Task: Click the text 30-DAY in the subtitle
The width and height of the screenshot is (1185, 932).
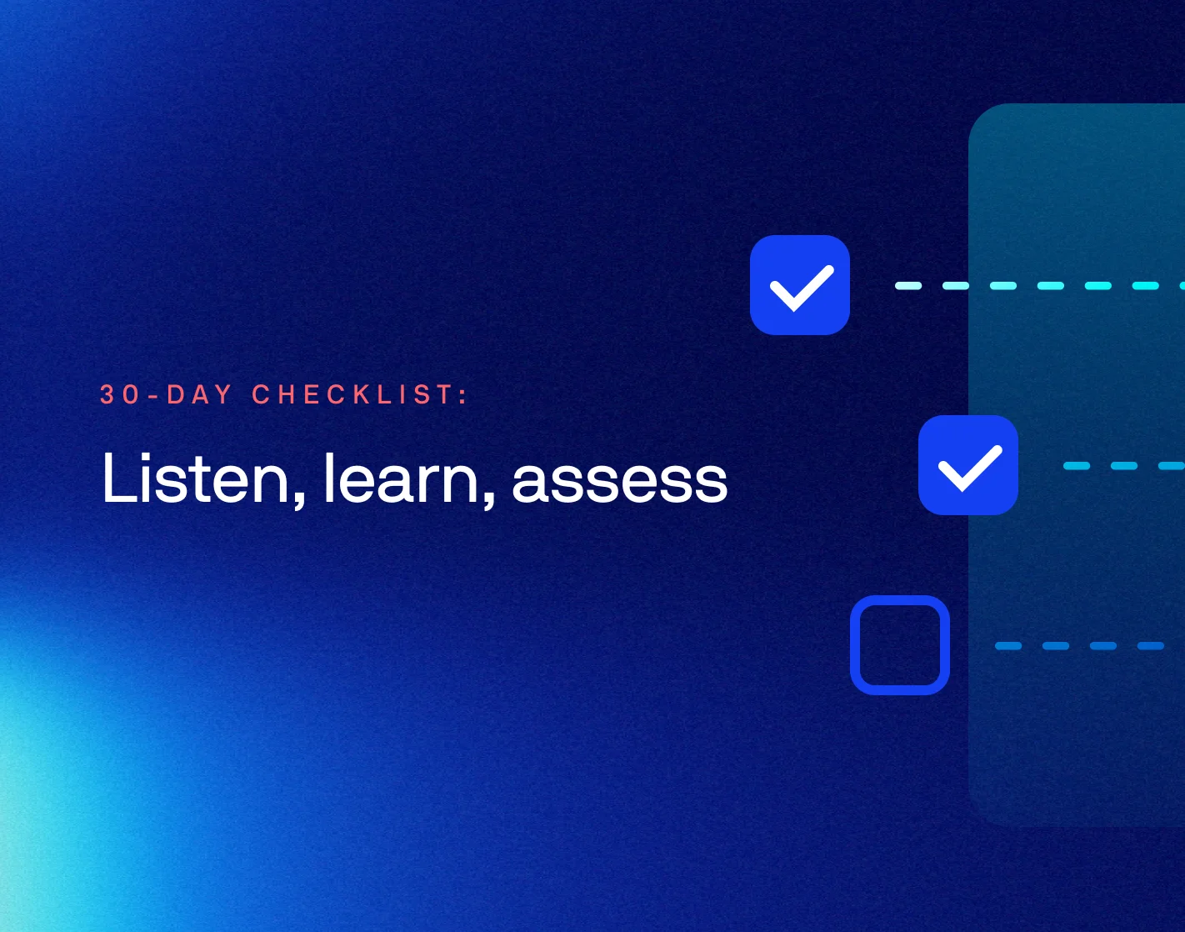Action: (166, 394)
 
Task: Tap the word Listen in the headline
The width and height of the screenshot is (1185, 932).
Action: (195, 477)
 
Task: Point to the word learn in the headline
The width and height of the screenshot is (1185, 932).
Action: (400, 477)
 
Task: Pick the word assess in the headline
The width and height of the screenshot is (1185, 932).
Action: (619, 482)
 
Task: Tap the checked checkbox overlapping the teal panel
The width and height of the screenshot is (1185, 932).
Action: (968, 465)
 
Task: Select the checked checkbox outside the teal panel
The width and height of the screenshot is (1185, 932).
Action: (799, 285)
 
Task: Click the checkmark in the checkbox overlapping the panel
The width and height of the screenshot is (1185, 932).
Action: (969, 468)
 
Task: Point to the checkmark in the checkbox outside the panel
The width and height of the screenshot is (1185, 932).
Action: (801, 288)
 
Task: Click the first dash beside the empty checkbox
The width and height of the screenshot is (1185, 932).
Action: (1008, 645)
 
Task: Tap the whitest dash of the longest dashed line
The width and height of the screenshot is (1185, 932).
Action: (908, 285)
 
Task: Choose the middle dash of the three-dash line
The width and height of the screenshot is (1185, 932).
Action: (1124, 465)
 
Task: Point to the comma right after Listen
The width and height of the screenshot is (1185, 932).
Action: (299, 500)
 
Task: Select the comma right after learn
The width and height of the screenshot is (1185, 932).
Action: (488, 500)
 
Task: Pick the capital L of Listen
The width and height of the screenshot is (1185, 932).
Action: (117, 478)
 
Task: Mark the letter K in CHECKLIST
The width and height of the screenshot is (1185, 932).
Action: (361, 394)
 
